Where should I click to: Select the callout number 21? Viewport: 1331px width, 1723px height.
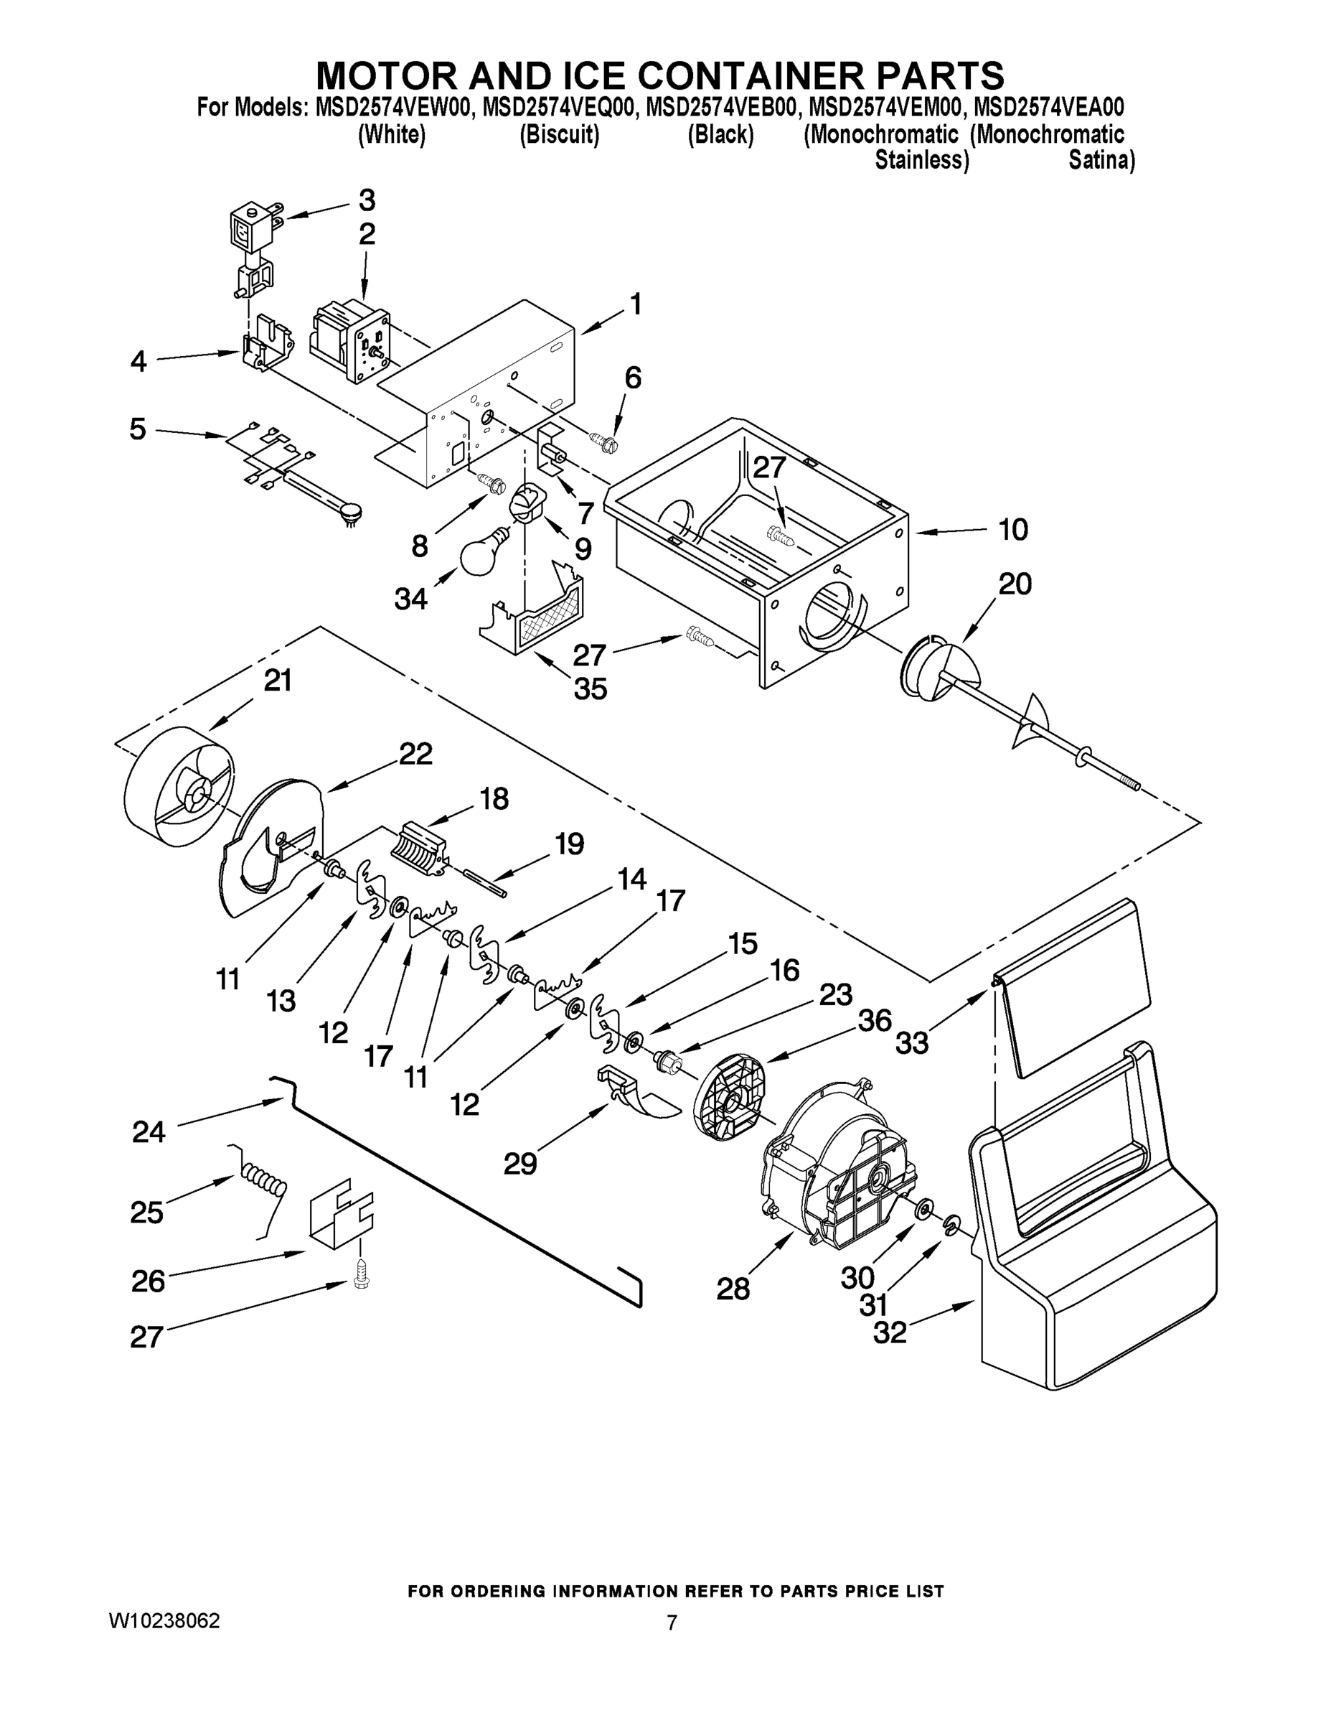(278, 680)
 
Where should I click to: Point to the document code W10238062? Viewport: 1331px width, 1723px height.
(164, 1621)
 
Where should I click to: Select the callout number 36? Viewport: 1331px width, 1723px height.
(875, 1020)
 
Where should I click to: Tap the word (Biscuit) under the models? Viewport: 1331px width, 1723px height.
(559, 136)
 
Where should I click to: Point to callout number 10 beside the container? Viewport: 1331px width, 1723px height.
(1013, 529)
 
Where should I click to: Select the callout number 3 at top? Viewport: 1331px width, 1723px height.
(367, 200)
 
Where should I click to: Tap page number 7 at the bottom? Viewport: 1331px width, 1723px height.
(671, 1622)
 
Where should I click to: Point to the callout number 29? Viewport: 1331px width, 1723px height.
(520, 1164)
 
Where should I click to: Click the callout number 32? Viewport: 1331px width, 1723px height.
(890, 1332)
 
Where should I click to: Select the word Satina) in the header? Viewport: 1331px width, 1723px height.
(1101, 161)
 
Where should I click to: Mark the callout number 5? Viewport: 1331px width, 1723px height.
(138, 430)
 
